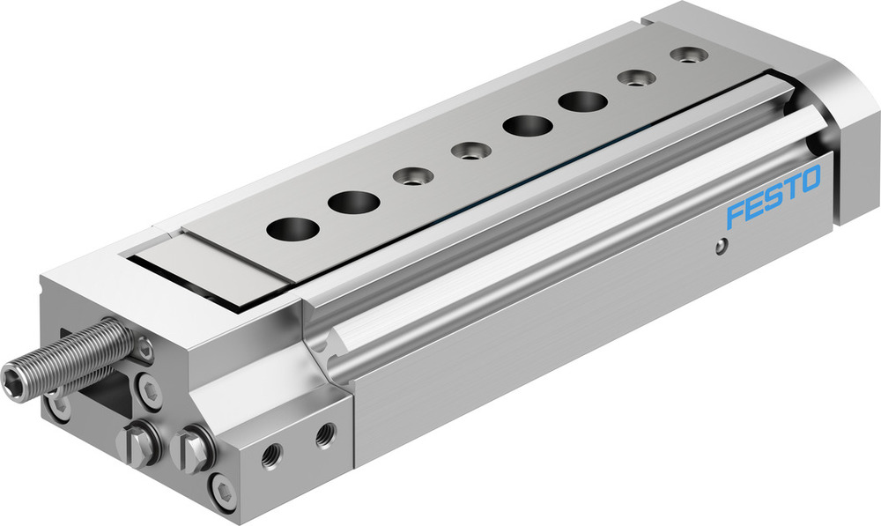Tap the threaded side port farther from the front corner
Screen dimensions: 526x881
tap(325, 432)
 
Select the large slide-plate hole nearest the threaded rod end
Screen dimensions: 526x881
tap(292, 228)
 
